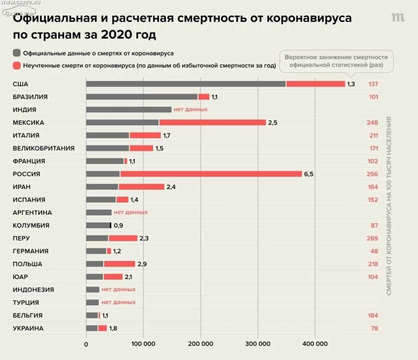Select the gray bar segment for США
(x=186, y=84)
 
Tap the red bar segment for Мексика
(x=212, y=122)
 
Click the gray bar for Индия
(x=128, y=110)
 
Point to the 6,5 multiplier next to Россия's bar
(x=308, y=174)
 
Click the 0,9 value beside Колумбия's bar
(x=118, y=226)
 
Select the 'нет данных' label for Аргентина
(x=131, y=212)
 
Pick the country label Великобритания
(x=44, y=148)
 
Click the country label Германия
(x=30, y=251)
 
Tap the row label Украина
(x=28, y=328)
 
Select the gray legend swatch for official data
(x=17, y=53)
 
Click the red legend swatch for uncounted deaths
(x=17, y=66)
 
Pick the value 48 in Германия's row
(x=374, y=251)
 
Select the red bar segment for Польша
(x=119, y=264)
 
